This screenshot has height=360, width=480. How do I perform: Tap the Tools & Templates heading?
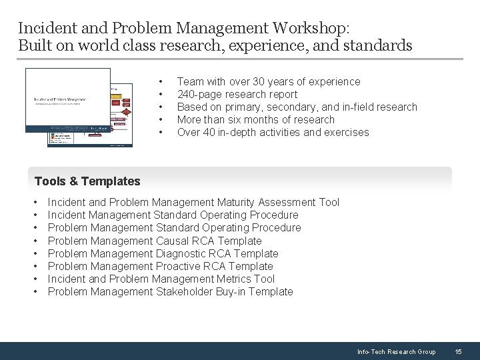pos(87,181)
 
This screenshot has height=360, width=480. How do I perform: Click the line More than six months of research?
pos(256,120)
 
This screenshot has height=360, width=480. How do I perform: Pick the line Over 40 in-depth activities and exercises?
pos(273,133)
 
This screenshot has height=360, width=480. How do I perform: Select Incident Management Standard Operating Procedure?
pos(173,215)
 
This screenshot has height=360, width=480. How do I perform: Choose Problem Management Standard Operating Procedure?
pos(175,228)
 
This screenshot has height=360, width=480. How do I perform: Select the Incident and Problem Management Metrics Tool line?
pos(161,279)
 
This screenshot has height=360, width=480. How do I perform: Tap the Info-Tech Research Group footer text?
pos(396,351)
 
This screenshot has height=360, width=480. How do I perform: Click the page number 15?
pos(458,351)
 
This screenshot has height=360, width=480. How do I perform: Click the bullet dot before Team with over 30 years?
pos(162,82)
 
